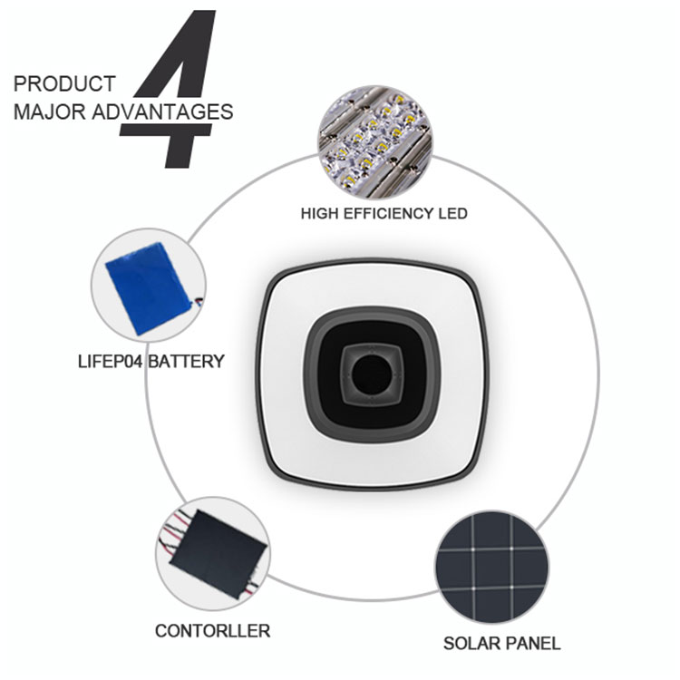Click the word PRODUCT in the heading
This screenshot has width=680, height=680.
(64, 84)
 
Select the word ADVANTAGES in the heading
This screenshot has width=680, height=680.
(162, 112)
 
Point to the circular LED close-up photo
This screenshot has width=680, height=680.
(375, 142)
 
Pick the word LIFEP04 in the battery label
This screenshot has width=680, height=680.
(110, 362)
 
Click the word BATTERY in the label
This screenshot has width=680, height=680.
(187, 362)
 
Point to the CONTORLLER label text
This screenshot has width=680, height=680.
(212, 631)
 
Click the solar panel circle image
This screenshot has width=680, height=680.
(491, 568)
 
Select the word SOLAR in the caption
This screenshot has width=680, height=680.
(471, 644)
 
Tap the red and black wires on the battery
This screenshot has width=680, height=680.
(198, 301)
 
